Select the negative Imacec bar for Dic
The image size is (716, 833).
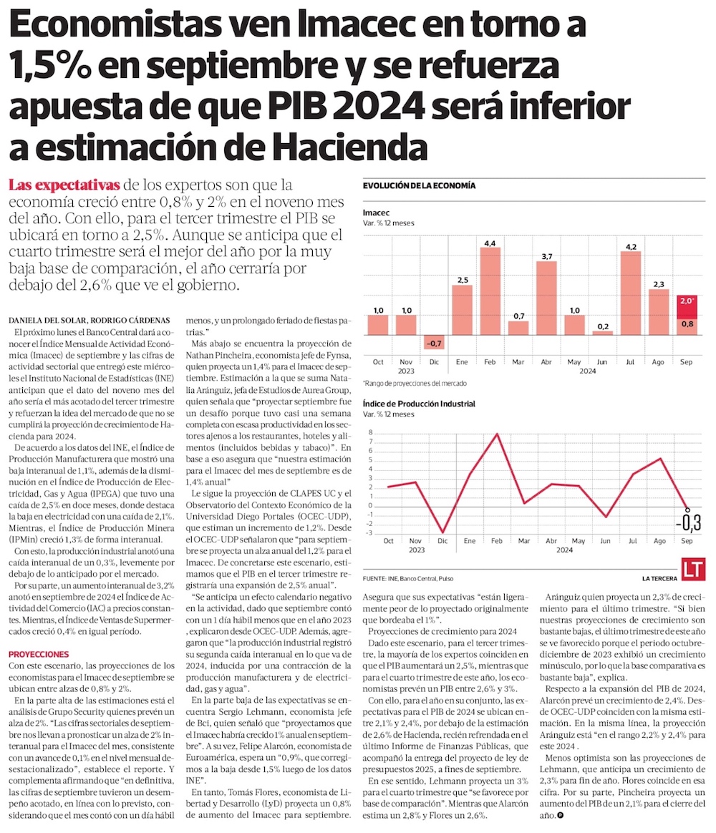434,342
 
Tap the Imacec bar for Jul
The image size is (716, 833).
631,293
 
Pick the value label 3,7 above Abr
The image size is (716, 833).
546,256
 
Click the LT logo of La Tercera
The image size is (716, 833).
694,570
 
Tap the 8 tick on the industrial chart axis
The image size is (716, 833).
370,433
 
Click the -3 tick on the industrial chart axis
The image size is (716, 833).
369,532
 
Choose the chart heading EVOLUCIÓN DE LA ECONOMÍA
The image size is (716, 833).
419,186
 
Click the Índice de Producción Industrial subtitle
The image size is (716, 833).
419,404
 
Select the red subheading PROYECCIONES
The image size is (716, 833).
39,654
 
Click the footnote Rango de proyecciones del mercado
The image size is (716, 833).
405,383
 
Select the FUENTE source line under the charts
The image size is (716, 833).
407,578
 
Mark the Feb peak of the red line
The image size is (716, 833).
497,434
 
